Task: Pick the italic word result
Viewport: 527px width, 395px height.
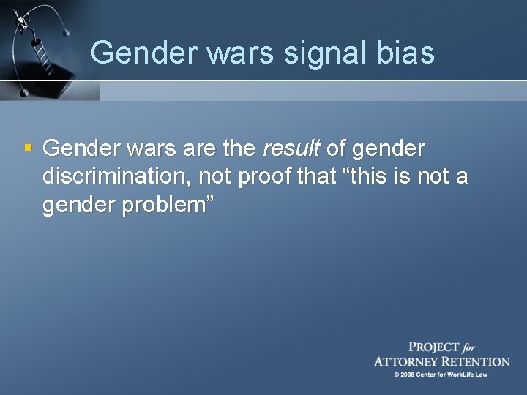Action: coord(291,148)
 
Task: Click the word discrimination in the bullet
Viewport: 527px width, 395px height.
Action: coord(113,177)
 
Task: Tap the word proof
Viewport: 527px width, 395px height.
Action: coord(268,177)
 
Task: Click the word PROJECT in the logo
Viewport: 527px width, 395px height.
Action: coord(433,347)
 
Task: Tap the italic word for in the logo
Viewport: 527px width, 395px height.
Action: coord(468,348)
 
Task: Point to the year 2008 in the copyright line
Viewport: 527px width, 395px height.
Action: coord(408,375)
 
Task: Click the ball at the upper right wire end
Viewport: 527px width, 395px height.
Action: coord(68,31)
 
